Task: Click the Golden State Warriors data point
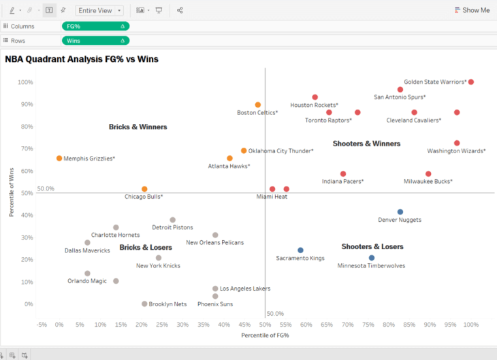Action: [x=470, y=82]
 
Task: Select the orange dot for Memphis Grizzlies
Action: [x=59, y=159]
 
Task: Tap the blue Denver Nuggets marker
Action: [x=400, y=212]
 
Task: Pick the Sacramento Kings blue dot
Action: [x=300, y=250]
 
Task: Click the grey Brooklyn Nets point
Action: [x=144, y=304]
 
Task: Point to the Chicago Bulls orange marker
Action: [x=144, y=189]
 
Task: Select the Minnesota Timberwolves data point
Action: [x=372, y=258]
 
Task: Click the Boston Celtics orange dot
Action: [x=258, y=105]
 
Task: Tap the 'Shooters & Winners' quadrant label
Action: [x=366, y=144]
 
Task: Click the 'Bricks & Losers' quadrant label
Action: [x=146, y=248]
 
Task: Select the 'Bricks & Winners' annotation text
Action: [x=138, y=127]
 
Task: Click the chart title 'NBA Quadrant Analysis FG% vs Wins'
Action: [x=82, y=59]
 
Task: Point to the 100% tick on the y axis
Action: [x=25, y=82]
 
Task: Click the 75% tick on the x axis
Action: [x=368, y=325]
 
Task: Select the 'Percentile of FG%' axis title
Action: [x=265, y=336]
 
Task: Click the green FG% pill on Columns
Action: [x=95, y=26]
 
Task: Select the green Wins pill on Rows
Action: [x=95, y=41]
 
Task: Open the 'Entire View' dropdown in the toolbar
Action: [x=99, y=11]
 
